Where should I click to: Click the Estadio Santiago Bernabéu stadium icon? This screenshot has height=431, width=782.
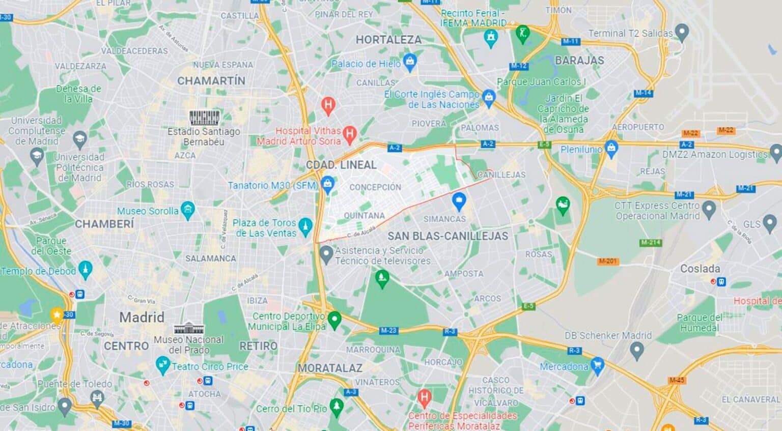[205, 118]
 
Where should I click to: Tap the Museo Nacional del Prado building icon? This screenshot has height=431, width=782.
[189, 328]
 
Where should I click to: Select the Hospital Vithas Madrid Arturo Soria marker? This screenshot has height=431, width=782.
[349, 134]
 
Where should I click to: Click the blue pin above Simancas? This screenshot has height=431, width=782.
[459, 202]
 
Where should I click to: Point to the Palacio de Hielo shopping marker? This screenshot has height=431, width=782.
[410, 63]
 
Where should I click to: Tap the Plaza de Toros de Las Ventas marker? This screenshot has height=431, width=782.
[305, 226]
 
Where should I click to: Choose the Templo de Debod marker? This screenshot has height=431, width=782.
[86, 270]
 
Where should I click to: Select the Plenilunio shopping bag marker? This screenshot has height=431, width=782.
[611, 149]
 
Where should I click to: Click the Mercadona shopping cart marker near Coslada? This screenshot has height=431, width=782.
[597, 365]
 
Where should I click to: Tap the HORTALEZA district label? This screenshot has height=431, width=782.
[388, 40]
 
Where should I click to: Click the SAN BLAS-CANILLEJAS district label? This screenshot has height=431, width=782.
[448, 236]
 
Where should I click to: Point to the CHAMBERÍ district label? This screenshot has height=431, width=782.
[104, 223]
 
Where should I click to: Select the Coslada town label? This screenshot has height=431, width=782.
[700, 269]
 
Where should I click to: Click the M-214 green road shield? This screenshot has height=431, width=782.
[651, 242]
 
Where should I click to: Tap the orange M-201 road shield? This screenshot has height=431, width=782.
[607, 261]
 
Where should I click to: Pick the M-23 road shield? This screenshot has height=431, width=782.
[388, 331]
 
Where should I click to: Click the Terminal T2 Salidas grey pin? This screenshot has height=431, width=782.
[682, 34]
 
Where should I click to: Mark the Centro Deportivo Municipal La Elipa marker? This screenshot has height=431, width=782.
[334, 320]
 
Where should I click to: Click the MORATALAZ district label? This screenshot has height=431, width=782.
[330, 367]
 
